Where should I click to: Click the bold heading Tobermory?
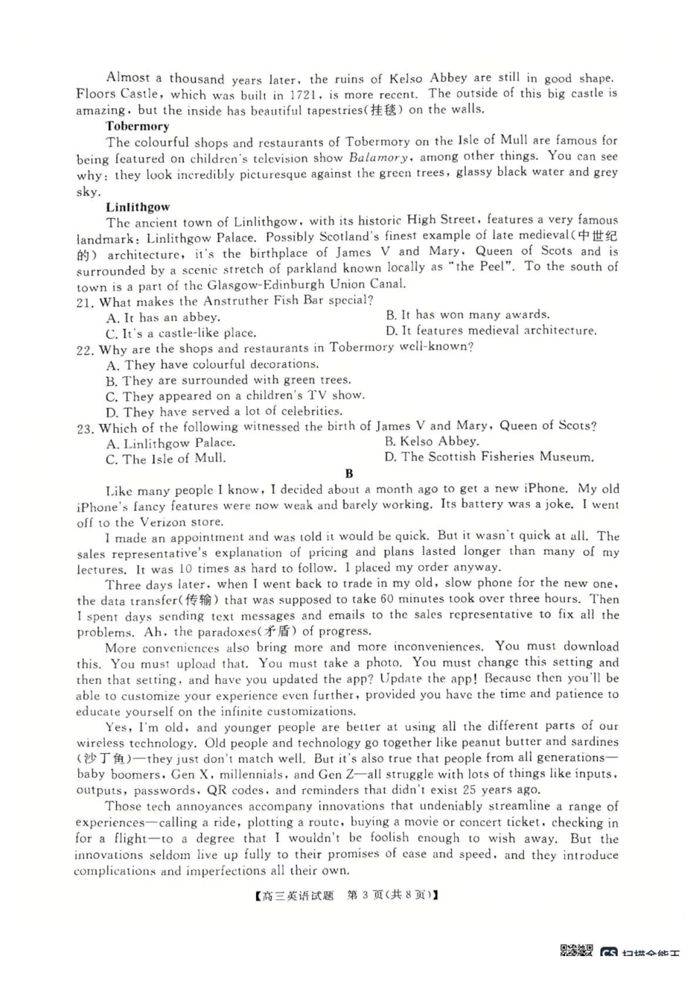click(137, 126)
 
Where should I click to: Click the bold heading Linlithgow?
click(138, 207)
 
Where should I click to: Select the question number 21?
click(85, 302)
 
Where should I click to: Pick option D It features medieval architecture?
click(491, 330)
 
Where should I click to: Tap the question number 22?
click(85, 350)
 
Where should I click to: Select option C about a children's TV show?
click(235, 396)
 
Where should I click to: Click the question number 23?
click(85, 428)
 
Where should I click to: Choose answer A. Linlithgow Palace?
click(171, 443)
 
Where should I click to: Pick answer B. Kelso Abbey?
click(431, 442)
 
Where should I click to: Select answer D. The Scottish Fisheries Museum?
click(489, 457)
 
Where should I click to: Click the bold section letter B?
click(349, 473)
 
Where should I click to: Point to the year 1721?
click(305, 95)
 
